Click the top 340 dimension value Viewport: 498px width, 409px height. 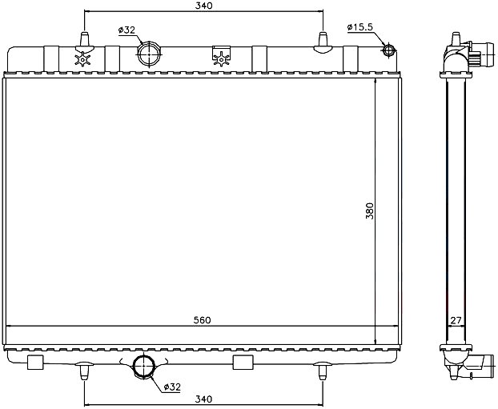pyautogui.click(x=203, y=6)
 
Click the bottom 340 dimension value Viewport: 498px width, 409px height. pyautogui.click(x=203, y=399)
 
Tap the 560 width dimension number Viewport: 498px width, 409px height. pyautogui.click(x=203, y=320)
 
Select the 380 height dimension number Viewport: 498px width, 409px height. pyautogui.click(x=370, y=211)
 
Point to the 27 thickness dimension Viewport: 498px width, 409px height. pyautogui.click(x=456, y=321)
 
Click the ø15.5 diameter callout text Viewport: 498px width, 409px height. pyautogui.click(x=359, y=27)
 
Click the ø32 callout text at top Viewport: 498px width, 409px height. pyautogui.click(x=127, y=30)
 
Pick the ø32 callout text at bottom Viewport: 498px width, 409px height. pyautogui.click(x=172, y=387)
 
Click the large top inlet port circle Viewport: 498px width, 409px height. pyautogui.click(x=149, y=54)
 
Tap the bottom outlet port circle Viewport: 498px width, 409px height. pyautogui.click(x=143, y=366)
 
